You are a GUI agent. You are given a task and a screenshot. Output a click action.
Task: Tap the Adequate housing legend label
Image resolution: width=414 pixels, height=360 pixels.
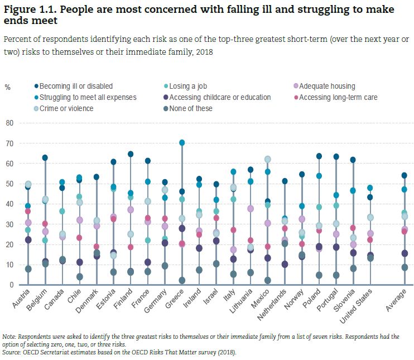[327, 86]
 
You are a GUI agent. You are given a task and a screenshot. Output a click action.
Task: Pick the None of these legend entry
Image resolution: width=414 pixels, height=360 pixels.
[192, 108]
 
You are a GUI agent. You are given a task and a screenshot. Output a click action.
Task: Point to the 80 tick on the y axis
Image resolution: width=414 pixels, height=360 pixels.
[9, 123]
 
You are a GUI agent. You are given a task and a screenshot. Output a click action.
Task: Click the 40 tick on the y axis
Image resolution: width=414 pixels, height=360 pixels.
[9, 204]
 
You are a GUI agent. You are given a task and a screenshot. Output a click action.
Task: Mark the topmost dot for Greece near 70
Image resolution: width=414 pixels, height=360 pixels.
[182, 143]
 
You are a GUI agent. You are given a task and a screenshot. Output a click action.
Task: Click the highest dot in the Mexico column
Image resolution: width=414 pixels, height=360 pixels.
[267, 159]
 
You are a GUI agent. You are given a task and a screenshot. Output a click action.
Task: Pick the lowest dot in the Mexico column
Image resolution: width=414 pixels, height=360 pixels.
[267, 280]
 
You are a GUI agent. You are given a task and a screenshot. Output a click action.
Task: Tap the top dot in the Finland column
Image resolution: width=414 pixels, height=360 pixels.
[131, 154]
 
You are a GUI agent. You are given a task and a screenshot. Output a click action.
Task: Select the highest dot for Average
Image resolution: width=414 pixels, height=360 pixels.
[405, 175]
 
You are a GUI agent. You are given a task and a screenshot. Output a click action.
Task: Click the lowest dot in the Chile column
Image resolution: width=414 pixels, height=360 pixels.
[79, 277]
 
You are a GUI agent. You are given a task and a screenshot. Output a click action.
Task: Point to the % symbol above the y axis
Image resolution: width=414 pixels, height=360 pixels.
[7, 87]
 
